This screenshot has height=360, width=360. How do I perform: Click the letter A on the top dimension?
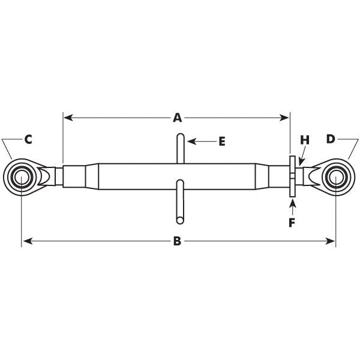[178, 118]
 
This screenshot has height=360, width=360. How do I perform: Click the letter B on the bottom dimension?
[178, 241]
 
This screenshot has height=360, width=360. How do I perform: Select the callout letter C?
[28, 139]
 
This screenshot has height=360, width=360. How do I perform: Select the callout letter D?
[331, 139]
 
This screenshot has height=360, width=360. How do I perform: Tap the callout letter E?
[221, 142]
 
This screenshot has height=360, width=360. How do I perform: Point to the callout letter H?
[304, 140]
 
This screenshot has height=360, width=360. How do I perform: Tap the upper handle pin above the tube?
[181, 148]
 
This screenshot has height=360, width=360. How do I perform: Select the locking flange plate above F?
[292, 176]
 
